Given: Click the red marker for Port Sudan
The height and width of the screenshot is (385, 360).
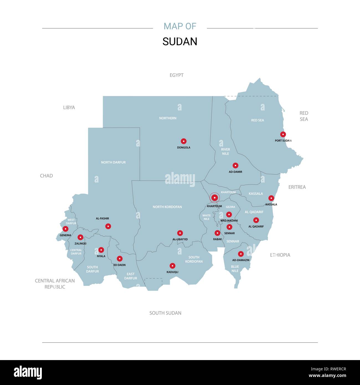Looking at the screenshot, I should click(283, 134).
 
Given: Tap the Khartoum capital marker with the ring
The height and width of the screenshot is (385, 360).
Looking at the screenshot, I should click(214, 198).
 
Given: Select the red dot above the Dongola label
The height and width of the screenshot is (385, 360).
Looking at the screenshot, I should click(184, 141).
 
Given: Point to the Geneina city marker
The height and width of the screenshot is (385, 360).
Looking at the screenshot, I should click(65, 229).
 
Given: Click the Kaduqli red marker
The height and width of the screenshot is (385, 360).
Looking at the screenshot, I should click(173, 266).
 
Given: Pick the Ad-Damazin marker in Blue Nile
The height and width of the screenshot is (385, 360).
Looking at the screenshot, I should click(241, 254).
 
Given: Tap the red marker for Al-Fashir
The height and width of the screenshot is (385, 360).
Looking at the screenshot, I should click(108, 226).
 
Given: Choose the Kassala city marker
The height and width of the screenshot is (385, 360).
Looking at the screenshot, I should click(271, 198).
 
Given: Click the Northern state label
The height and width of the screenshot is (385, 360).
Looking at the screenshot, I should click(168, 118).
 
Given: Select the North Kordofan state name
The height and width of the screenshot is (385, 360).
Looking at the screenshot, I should click(167, 207).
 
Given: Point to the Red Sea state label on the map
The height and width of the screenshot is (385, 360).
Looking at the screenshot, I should click(258, 120).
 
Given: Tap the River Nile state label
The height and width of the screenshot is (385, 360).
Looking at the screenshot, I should click(225, 152).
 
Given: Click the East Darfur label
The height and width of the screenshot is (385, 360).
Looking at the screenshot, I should click(130, 276).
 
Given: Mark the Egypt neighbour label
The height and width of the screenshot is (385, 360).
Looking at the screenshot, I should click(177, 75).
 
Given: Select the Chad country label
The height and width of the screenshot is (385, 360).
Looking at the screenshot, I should click(46, 176).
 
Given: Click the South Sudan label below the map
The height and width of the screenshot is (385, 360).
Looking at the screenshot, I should click(165, 313).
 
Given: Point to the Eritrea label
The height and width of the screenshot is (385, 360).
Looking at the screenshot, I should click(297, 187).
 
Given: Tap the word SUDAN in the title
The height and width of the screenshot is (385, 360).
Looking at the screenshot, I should click(180, 42).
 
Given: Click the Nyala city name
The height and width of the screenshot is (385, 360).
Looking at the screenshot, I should click(101, 256).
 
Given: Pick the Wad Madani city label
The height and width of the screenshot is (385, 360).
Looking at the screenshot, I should click(229, 221).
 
